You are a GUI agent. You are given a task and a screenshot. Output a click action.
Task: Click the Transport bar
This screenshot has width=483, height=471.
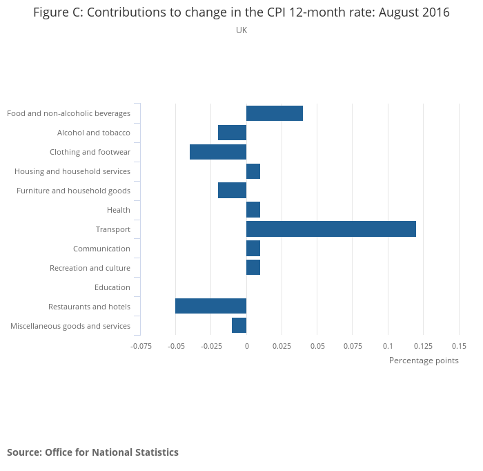331,229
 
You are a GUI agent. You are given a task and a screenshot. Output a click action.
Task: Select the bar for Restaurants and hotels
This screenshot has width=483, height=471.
210,307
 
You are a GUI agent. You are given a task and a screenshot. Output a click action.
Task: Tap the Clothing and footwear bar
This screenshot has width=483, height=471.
218,152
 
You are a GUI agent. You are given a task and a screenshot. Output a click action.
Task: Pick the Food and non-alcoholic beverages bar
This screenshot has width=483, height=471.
275,113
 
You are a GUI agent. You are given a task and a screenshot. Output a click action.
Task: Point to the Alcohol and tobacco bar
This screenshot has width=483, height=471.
232,133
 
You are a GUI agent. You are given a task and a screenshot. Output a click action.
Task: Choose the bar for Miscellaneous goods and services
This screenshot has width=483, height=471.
239,326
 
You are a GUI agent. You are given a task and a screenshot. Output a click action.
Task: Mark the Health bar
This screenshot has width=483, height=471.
253,210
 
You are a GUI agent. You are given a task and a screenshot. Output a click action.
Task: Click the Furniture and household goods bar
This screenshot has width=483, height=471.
232,191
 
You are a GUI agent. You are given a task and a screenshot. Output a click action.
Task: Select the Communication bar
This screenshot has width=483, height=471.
253,249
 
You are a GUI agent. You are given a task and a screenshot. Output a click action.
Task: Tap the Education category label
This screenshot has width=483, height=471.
112,287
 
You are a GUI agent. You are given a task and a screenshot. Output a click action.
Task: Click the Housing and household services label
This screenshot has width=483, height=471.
72,171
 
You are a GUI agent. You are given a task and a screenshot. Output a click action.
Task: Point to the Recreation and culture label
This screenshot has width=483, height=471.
90,268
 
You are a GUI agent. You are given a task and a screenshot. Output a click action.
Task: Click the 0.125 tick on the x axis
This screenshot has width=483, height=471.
423,346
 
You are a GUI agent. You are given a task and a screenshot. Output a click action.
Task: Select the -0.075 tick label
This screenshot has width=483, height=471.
141,346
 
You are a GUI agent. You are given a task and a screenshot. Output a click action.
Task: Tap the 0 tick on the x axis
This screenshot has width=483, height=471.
246,346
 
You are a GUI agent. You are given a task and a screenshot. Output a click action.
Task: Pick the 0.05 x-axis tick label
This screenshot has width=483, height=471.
317,346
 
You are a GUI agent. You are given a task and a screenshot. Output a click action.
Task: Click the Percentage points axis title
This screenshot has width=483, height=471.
424,361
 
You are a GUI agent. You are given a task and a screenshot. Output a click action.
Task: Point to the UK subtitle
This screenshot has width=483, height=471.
241,30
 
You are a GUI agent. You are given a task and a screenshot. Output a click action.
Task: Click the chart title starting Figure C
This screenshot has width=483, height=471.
241,13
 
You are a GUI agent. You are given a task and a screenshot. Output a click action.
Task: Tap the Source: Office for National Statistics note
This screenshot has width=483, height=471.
92,452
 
